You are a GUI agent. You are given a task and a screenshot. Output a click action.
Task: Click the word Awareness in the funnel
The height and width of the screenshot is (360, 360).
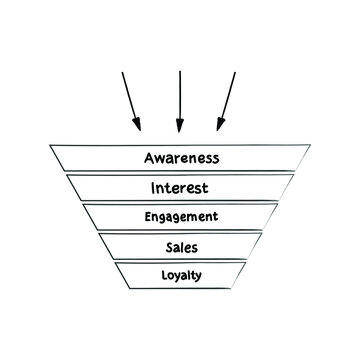point(180,158)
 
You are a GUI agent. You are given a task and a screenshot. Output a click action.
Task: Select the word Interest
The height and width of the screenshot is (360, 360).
point(180,187)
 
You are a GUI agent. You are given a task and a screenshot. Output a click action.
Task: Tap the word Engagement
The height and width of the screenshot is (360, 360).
point(180,216)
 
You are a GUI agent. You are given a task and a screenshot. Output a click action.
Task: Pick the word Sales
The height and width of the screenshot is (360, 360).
point(180,245)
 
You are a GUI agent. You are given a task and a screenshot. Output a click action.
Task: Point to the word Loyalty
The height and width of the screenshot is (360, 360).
point(180,273)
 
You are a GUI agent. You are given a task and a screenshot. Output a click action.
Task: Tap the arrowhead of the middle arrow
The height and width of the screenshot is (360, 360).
point(179,130)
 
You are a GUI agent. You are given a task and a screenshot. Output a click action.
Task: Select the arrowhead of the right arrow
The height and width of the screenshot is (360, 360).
point(218,128)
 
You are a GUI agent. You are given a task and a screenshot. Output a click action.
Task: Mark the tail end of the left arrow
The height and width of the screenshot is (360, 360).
point(122,72)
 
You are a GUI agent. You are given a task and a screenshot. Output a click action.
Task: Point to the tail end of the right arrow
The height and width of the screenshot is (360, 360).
point(236,72)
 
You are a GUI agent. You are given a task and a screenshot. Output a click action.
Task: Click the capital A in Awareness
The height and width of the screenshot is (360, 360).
point(149,158)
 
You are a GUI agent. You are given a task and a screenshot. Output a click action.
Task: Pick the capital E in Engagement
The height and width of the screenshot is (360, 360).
point(146,215)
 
